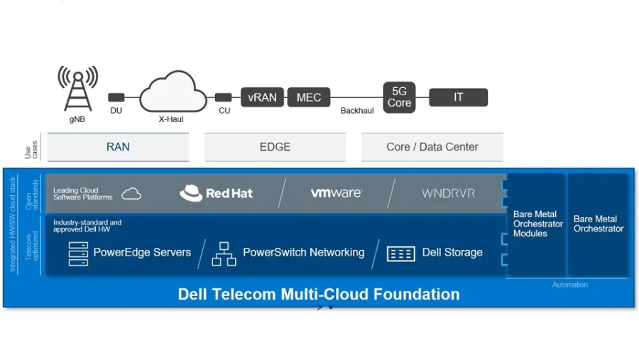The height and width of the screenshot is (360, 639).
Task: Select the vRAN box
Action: pos(262,97)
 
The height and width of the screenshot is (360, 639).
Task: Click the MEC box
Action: pos(309,97)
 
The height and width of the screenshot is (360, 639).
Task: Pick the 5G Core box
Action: pos(399,97)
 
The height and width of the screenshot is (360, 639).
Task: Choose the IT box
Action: pos(458,97)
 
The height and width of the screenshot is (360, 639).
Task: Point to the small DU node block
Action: pos(116,97)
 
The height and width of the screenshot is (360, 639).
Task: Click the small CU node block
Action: pos(223,97)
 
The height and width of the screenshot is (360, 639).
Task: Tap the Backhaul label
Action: pos(357,111)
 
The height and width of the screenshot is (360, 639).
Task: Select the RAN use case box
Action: pos(118,147)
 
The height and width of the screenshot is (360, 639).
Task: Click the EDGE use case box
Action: pos(275,147)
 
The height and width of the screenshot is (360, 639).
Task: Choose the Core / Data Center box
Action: pos(432,147)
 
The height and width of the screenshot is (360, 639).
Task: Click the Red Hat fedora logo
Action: pos(191,193)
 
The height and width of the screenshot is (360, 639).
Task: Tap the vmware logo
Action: pos(336,192)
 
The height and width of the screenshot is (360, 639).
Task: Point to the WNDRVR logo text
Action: pos(448,193)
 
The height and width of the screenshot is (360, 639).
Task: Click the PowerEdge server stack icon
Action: pos(78,253)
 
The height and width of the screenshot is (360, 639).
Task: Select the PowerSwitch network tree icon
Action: pos(224,253)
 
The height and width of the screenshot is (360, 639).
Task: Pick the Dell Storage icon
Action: pos(400,253)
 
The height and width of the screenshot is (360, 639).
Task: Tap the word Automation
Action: pos(569,285)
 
